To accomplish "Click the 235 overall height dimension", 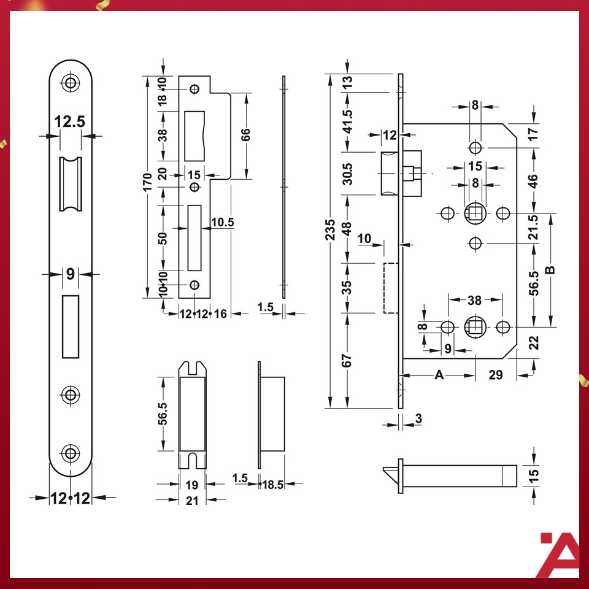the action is click(x=329, y=229).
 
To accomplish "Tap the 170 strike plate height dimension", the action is click(x=148, y=182).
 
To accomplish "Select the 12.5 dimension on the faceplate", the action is click(x=70, y=121).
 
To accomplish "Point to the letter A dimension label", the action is click(x=439, y=374).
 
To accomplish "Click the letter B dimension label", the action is click(x=550, y=270).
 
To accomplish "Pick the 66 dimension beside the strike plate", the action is click(x=245, y=134).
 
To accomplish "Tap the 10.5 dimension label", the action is click(x=222, y=222).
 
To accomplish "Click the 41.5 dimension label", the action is click(x=348, y=121).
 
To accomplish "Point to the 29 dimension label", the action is click(x=496, y=374).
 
